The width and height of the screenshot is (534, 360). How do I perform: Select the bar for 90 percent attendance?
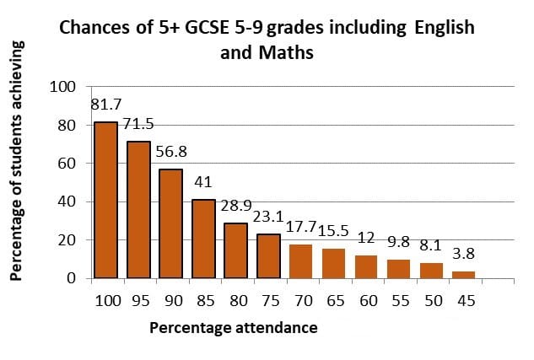170,223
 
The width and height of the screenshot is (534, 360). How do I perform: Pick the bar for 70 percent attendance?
300,261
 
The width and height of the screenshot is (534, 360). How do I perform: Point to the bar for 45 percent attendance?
463,274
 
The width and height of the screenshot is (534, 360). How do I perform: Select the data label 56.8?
172,153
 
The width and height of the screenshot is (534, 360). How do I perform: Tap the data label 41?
204,183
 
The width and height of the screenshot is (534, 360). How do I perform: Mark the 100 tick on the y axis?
64,87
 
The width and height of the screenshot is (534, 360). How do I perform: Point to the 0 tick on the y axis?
72,278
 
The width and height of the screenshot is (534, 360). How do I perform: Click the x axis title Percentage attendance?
234,328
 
